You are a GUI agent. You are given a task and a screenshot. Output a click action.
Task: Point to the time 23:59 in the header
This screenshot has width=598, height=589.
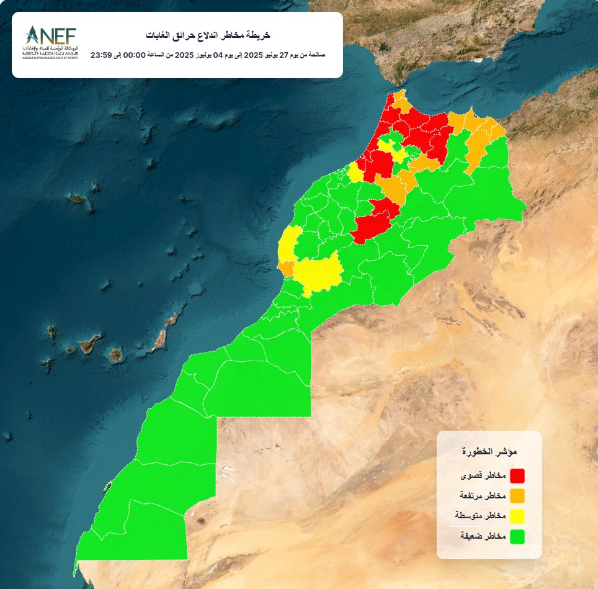101,55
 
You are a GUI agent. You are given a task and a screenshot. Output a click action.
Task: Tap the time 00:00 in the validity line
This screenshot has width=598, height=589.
135,55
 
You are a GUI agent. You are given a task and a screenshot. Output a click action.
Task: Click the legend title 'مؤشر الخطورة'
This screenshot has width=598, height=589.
490,451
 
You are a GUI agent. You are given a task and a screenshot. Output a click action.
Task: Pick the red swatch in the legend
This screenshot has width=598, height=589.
517,476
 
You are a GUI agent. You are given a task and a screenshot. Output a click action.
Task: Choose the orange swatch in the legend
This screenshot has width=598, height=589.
517,496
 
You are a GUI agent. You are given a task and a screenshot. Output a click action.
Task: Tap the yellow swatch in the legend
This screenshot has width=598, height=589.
517,516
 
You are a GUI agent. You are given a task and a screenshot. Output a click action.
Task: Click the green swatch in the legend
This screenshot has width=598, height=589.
517,536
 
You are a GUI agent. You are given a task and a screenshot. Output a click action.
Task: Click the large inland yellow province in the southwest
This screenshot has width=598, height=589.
320,271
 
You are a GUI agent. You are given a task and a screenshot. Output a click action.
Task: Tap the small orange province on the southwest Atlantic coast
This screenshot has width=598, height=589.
287,268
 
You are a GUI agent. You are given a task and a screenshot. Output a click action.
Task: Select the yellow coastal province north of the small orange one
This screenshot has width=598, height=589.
287,246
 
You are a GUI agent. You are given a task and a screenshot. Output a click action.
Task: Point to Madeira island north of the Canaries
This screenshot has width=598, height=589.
78,199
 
